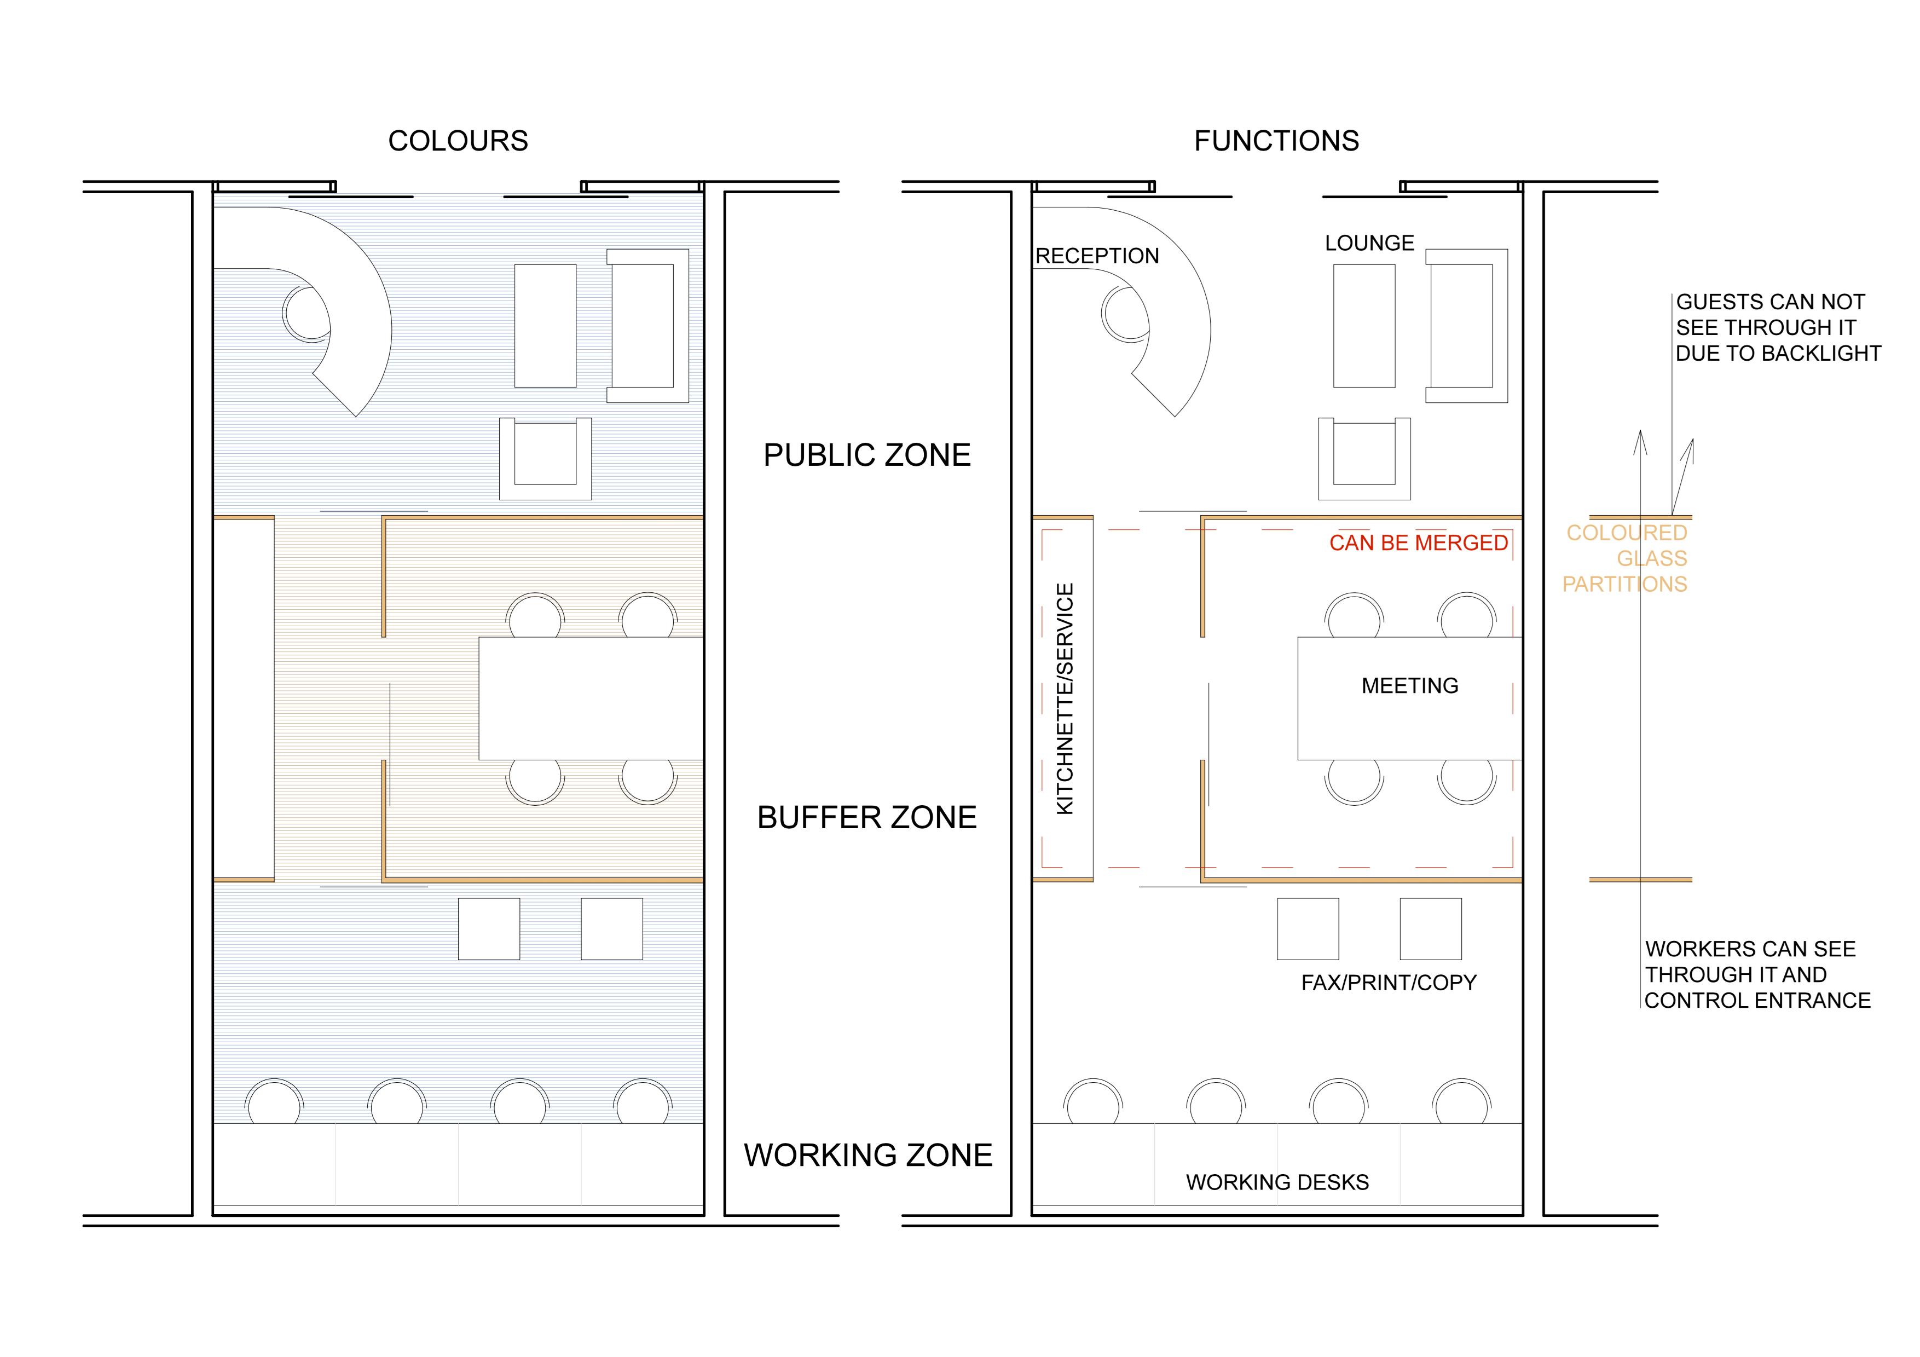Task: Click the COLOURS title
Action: (x=458, y=141)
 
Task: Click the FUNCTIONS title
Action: (x=1276, y=141)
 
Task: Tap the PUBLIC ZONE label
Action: (x=867, y=455)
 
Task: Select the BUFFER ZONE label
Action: (x=867, y=817)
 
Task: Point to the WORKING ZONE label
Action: (x=868, y=1154)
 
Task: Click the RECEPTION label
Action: (x=1097, y=256)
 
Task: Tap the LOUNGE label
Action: (x=1370, y=243)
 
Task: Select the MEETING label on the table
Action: (x=1410, y=685)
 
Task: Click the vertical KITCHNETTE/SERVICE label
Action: (x=1065, y=698)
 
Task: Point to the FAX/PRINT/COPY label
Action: (x=1389, y=983)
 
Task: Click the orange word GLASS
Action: (x=1652, y=558)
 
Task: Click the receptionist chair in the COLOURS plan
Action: (x=307, y=314)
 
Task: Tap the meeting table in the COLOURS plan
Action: (x=591, y=698)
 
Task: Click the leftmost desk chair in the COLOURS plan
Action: (x=274, y=1101)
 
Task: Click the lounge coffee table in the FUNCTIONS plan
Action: (x=1364, y=326)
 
